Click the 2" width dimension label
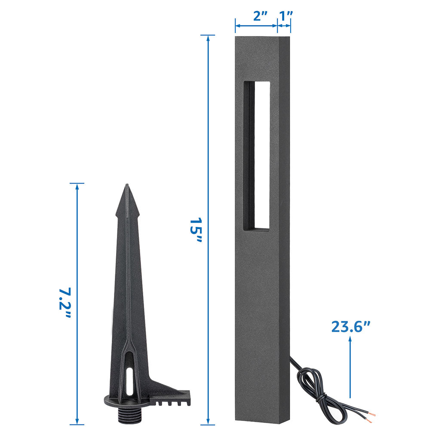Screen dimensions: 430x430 coord(260,16)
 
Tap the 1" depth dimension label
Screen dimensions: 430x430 coord(286,16)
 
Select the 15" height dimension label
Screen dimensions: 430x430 coord(196,230)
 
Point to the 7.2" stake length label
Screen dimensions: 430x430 coord(65,302)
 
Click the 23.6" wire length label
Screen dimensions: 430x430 coord(351,327)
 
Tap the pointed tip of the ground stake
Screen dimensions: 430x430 coord(127,184)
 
